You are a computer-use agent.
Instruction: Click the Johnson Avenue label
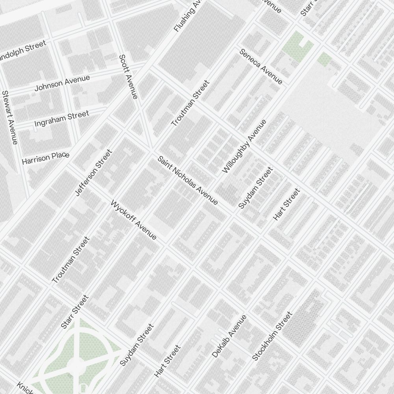[x=62, y=83]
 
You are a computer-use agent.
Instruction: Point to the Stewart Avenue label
[x=10, y=117]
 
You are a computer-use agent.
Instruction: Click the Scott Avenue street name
[x=128, y=76]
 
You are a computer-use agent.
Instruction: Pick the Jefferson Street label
[x=93, y=173]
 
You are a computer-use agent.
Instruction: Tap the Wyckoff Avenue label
[x=134, y=220]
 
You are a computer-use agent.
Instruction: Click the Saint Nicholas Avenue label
[x=188, y=181]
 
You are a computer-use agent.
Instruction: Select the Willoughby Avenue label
[x=244, y=146]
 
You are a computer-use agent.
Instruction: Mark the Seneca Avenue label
[x=261, y=66]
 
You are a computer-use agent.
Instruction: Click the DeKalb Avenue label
[x=229, y=336]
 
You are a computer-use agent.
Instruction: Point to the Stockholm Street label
[x=272, y=336]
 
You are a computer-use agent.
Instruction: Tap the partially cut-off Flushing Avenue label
[x=188, y=16]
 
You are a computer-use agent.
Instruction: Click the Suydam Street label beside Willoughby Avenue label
[x=255, y=188]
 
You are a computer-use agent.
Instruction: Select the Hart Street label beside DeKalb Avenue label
[x=167, y=361]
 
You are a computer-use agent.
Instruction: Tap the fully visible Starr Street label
[x=75, y=312]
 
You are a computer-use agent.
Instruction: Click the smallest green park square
[x=324, y=59]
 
